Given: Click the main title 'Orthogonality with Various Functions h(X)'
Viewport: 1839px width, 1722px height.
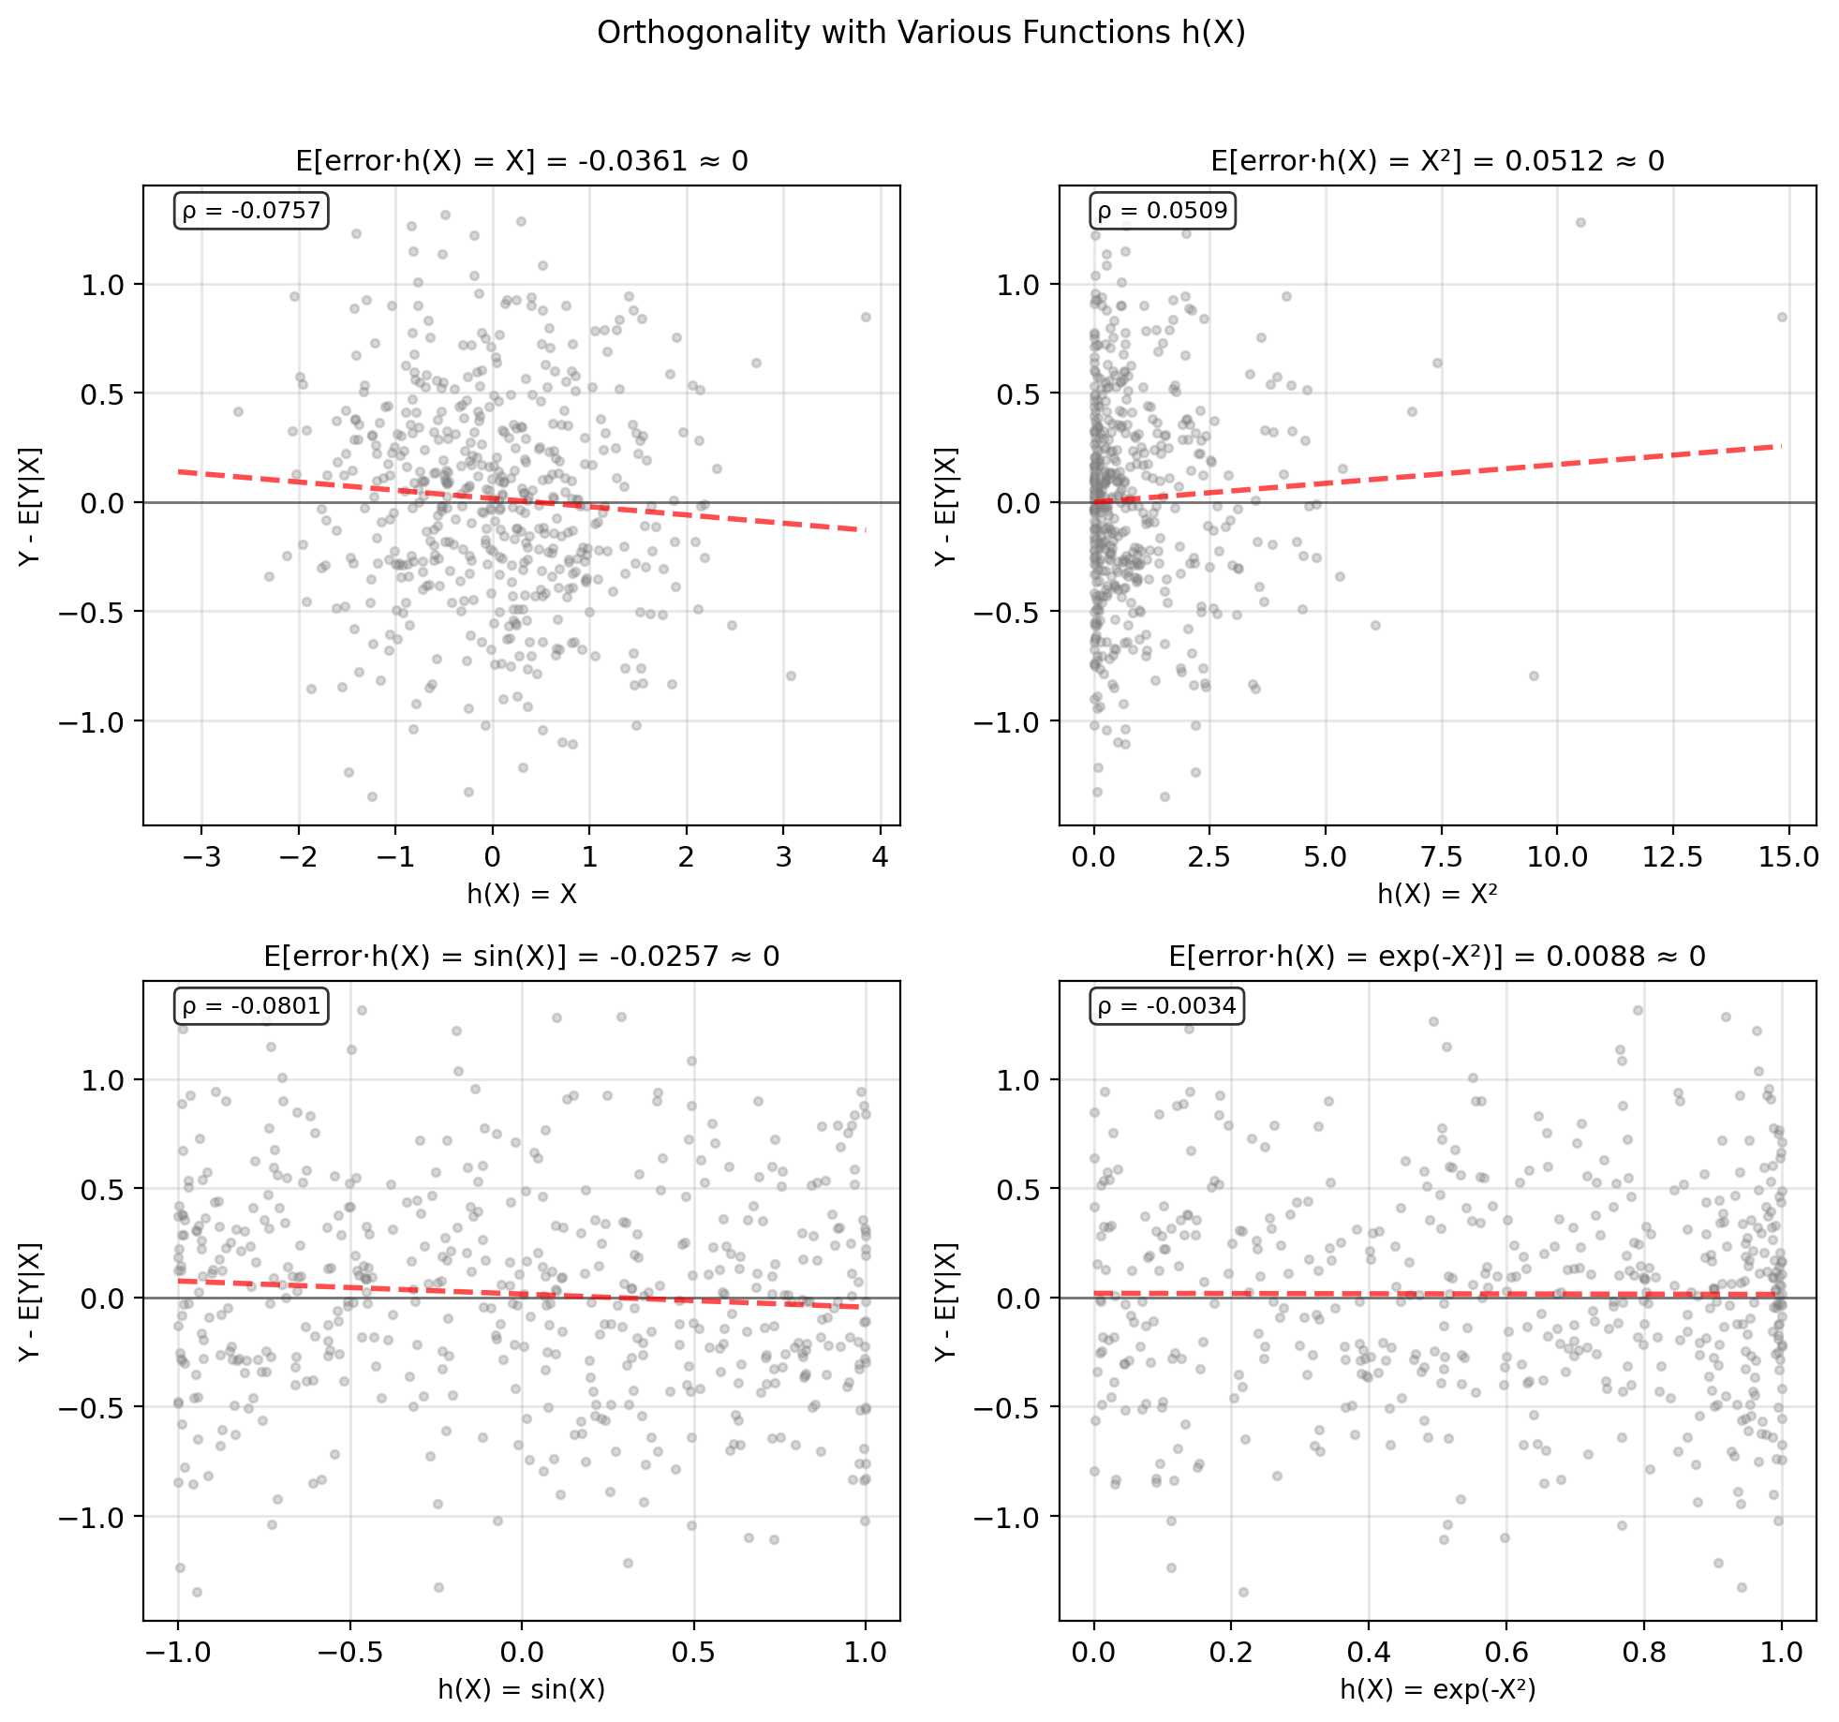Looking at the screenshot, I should click(920, 33).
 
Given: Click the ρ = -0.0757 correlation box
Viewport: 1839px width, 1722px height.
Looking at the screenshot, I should click(251, 211).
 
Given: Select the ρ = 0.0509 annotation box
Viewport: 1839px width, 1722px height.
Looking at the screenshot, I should click(1162, 211).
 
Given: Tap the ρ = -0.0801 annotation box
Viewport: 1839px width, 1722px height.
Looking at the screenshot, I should click(251, 1006).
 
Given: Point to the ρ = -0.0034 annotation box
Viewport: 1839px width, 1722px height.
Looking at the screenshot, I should click(1167, 1006).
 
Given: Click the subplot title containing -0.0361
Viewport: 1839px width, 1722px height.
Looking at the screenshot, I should click(522, 161).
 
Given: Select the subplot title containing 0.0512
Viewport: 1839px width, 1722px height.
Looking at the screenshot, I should click(1437, 161).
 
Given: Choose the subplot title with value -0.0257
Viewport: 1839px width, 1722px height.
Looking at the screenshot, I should click(522, 957).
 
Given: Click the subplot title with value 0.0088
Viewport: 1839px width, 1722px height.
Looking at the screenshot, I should click(1437, 957).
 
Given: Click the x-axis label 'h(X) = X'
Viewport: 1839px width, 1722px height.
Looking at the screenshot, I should click(522, 894).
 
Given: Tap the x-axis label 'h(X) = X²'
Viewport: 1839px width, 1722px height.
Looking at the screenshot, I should click(1437, 894).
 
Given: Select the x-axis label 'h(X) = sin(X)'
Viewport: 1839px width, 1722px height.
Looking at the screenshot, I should click(522, 1689).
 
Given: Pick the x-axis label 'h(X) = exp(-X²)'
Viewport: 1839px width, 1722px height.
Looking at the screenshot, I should click(1437, 1689).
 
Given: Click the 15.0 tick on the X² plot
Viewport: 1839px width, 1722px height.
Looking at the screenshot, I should click(1788, 857).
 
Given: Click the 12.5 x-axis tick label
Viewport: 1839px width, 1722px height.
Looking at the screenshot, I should click(1673, 857).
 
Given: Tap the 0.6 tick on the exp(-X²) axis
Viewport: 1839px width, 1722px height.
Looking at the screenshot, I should click(1506, 1652).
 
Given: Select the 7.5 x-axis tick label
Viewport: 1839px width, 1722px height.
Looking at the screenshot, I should click(1442, 857).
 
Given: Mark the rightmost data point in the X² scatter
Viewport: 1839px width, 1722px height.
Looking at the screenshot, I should click(1782, 318).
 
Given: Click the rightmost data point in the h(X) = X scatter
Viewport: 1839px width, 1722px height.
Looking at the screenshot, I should click(866, 318).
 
